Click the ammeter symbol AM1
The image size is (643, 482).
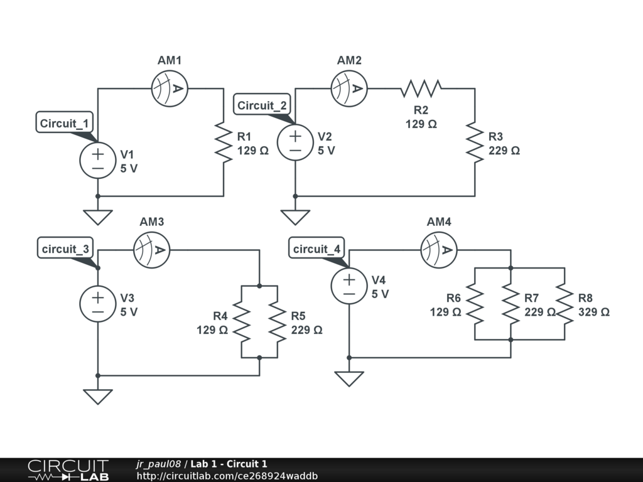pyautogui.click(x=170, y=88)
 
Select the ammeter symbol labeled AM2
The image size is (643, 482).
pyautogui.click(x=349, y=88)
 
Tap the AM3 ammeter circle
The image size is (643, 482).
pyautogui.click(x=152, y=250)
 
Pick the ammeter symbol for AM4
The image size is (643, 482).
pyautogui.click(x=438, y=250)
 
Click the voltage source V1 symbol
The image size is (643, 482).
pyautogui.click(x=98, y=161)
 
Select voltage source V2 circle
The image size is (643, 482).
pyautogui.click(x=295, y=142)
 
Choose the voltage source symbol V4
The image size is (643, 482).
pyautogui.click(x=349, y=286)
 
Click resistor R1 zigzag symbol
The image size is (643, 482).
pyautogui.click(x=224, y=142)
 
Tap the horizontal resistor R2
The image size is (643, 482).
pyautogui.click(x=421, y=88)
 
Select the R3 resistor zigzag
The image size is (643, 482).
pyautogui.click(x=475, y=142)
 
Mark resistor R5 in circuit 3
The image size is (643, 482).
pyautogui.click(x=278, y=321)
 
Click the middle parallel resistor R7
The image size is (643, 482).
pyautogui.click(x=511, y=304)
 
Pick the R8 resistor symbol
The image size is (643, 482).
pyautogui.click(x=565, y=304)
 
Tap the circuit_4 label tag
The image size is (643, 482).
pyautogui.click(x=317, y=249)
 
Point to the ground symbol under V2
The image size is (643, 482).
pyautogui.click(x=295, y=217)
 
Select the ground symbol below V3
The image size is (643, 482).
pyautogui.click(x=98, y=397)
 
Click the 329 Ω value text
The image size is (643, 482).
pyautogui.click(x=593, y=312)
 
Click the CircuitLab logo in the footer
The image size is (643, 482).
pyautogui.click(x=68, y=470)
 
